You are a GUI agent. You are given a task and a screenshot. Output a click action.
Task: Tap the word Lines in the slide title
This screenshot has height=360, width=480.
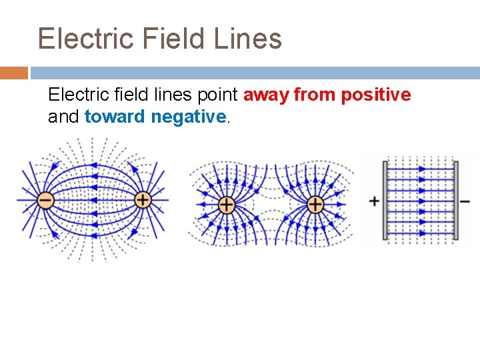248,39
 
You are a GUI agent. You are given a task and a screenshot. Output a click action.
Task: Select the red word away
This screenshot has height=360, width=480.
267,95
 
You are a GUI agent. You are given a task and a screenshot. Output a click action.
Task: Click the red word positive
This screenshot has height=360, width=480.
375,95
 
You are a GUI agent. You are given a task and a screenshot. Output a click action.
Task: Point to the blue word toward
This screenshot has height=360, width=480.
115,117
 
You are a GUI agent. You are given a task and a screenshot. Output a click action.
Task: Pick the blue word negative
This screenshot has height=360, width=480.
189,117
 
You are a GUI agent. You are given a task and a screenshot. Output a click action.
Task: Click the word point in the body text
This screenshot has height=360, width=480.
220,95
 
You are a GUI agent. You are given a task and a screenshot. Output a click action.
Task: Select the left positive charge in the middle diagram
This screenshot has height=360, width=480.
226,204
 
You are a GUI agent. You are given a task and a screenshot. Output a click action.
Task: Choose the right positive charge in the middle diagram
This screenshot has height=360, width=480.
315,204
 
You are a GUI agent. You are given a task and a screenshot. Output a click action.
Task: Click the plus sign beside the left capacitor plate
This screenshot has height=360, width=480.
374,201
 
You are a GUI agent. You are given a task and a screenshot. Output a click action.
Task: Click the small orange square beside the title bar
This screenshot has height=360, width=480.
14,72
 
